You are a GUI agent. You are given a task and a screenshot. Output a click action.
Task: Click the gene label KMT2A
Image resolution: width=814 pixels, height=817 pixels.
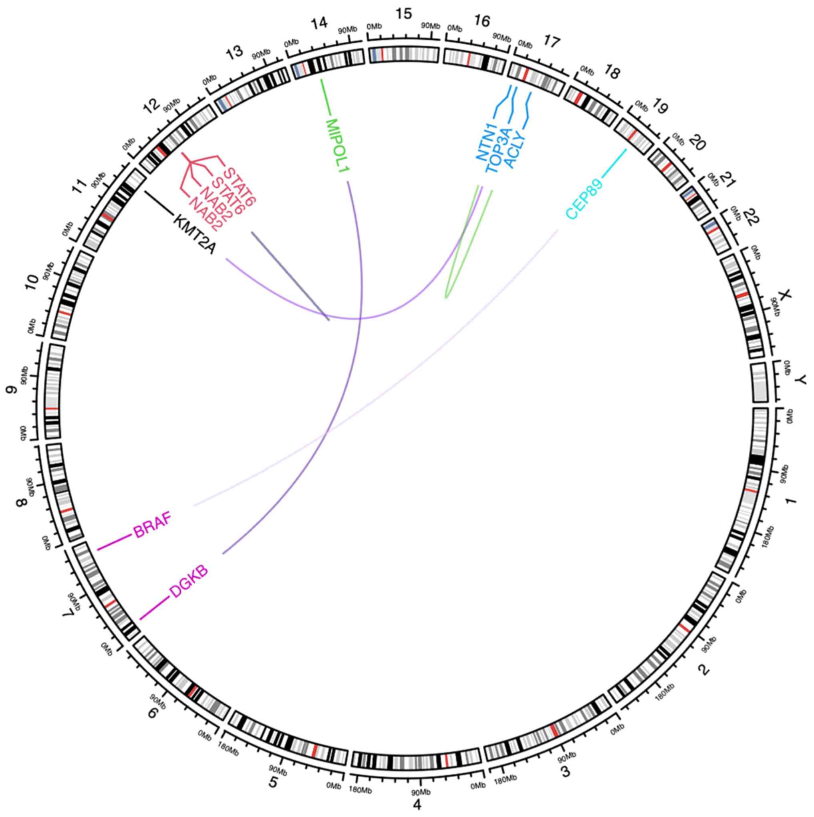click(x=194, y=235)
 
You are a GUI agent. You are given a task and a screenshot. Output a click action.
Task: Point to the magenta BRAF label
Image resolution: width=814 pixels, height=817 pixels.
click(x=154, y=527)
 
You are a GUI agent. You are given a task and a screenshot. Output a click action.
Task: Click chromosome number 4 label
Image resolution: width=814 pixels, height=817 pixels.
click(x=417, y=804)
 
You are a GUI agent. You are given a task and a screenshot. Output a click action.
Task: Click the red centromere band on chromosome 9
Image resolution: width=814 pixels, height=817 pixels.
click(x=52, y=408)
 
